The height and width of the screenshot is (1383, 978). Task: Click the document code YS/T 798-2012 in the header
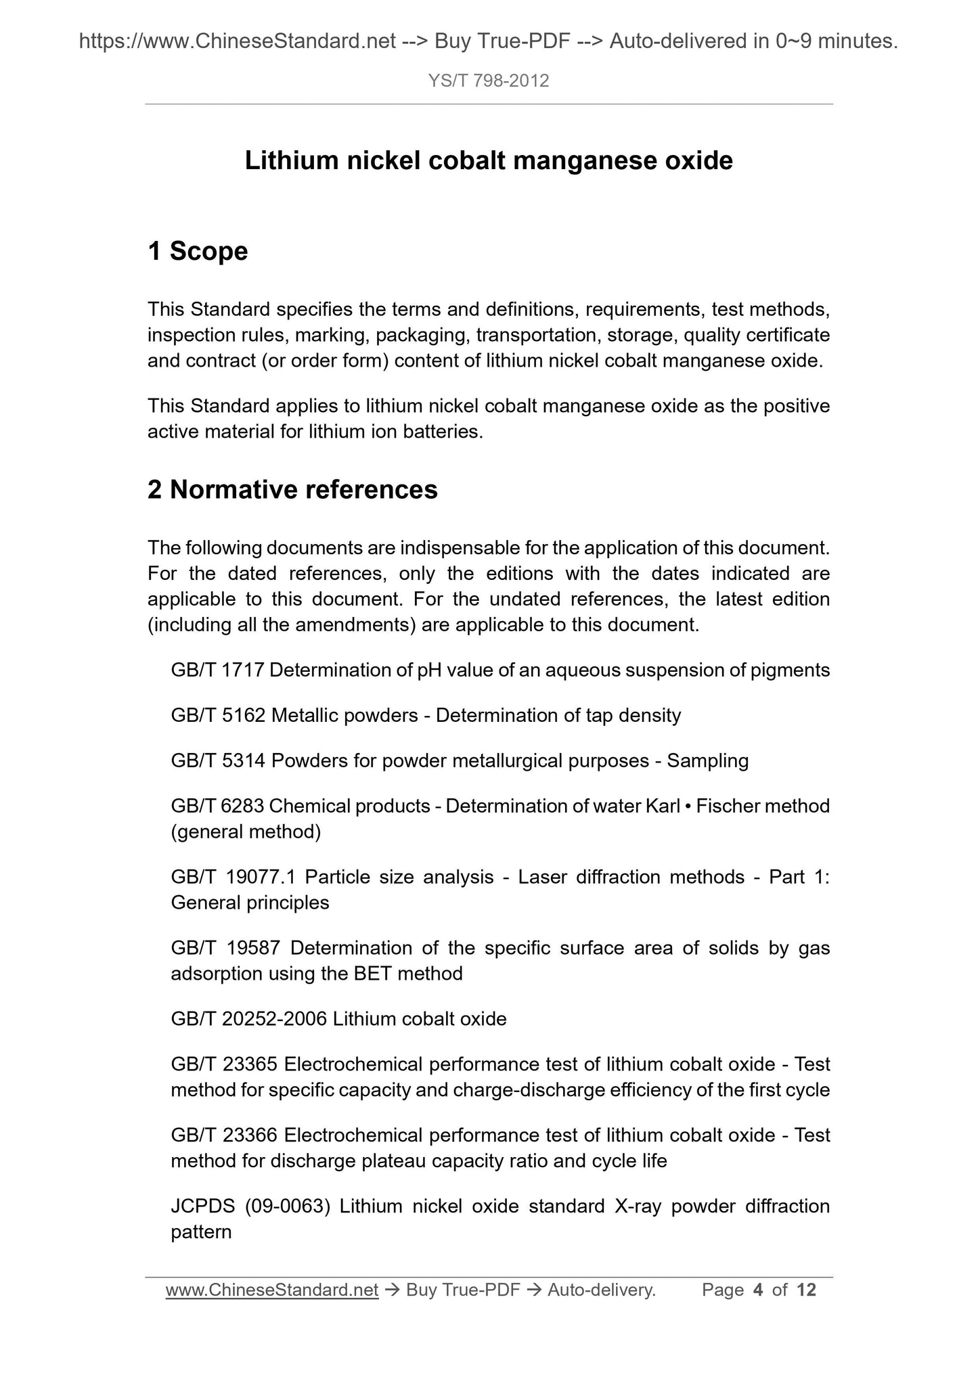pyautogui.click(x=488, y=81)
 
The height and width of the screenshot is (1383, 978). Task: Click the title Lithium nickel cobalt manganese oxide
pyautogui.click(x=488, y=161)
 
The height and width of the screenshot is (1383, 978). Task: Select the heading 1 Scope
pyautogui.click(x=198, y=251)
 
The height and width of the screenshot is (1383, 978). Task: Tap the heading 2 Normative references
pyautogui.click(x=292, y=489)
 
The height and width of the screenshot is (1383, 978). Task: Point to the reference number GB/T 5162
pyautogui.click(x=218, y=715)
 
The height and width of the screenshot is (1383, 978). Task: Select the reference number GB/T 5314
pyautogui.click(x=218, y=761)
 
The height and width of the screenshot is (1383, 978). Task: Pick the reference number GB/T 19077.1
pyautogui.click(x=234, y=877)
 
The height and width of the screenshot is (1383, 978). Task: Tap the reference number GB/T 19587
pyautogui.click(x=225, y=948)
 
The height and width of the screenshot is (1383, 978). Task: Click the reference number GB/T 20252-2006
pyautogui.click(x=248, y=1019)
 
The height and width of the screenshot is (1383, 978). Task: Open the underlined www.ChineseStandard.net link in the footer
pyautogui.click(x=271, y=1290)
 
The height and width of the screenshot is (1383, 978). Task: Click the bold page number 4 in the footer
pyautogui.click(x=757, y=1290)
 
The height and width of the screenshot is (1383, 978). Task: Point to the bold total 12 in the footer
pyautogui.click(x=806, y=1290)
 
